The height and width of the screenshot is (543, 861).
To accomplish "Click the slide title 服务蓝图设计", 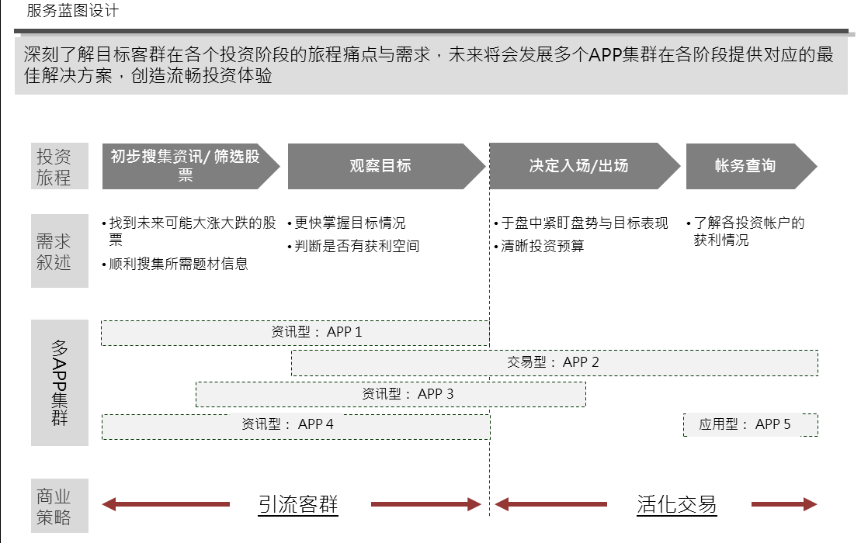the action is point(72,10).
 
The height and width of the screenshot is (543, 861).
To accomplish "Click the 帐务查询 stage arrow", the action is point(752,166).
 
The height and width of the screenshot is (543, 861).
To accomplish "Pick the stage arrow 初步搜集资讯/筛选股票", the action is point(190,166).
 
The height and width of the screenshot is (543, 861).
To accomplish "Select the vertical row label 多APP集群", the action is point(59,383).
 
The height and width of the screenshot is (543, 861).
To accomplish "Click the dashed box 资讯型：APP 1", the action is point(295,333).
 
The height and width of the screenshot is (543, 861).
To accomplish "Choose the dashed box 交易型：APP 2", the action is point(554,362).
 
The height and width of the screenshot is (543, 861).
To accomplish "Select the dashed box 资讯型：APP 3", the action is point(391,394).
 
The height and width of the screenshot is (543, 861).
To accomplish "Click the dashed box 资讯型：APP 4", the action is point(296,427).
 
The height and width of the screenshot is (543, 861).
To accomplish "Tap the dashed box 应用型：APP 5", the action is point(751,425).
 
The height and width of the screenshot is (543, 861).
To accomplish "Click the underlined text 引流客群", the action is point(298,504).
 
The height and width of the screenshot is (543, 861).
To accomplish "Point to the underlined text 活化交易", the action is point(676,504).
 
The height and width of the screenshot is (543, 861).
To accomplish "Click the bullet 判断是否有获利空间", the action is point(353,246).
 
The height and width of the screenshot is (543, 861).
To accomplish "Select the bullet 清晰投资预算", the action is point(540,246).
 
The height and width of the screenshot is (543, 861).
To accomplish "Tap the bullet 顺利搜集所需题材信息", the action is point(175,264).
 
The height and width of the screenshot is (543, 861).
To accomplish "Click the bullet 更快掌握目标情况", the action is point(346,223).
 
